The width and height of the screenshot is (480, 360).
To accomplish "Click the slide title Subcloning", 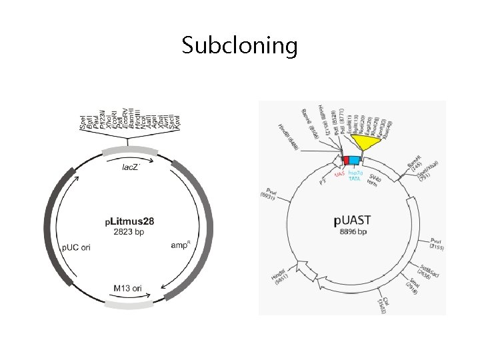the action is point(239,46).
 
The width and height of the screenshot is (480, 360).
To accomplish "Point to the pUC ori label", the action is point(77,247).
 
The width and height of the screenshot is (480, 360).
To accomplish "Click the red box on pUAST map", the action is point(345,160).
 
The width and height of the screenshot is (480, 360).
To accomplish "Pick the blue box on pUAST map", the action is point(354,160).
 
